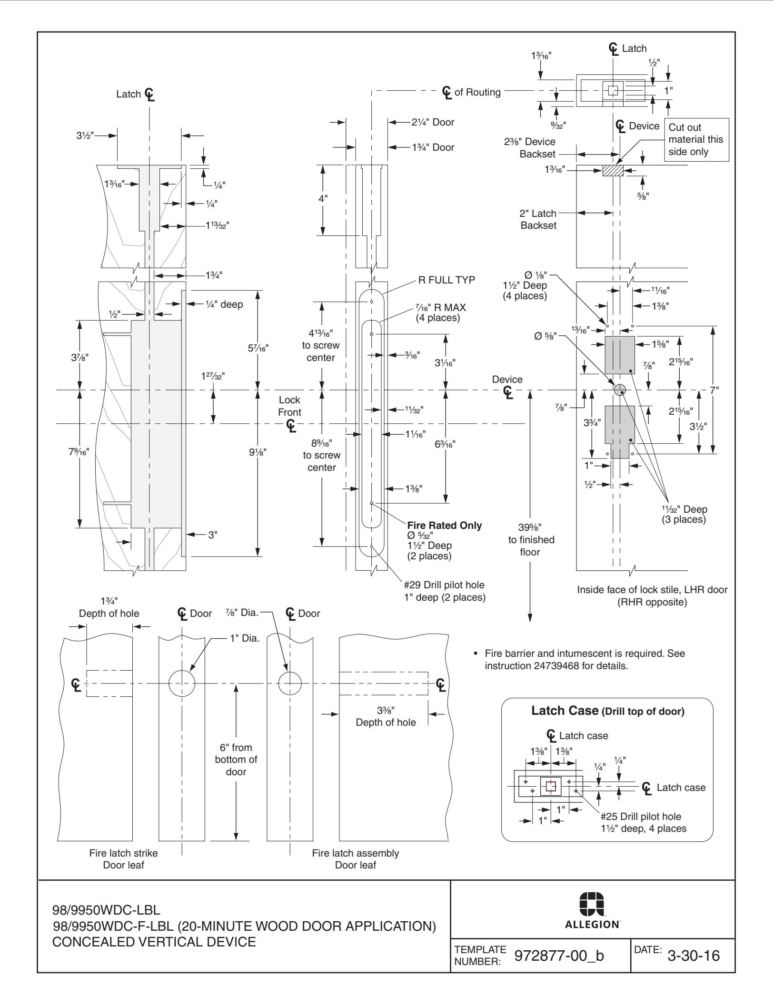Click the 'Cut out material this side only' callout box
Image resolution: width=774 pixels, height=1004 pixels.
click(698, 140)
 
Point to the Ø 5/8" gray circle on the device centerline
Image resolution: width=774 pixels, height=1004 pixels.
click(619, 390)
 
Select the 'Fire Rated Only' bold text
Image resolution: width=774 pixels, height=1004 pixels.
click(444, 526)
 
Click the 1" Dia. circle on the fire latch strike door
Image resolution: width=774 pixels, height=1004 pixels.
click(182, 684)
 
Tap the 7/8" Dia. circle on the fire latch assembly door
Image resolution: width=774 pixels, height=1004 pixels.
click(290, 684)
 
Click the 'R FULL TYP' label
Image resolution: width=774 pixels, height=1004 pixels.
click(446, 280)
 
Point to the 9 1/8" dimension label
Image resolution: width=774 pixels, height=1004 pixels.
click(258, 452)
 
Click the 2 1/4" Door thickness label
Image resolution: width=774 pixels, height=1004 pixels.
click(433, 122)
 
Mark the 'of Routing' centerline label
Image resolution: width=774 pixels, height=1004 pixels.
click(477, 92)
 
